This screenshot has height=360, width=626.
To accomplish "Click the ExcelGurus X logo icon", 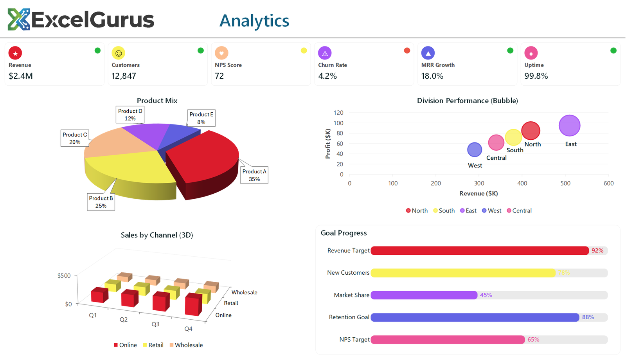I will (x=19, y=20).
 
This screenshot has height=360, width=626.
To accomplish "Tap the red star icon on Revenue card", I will (x=15, y=53).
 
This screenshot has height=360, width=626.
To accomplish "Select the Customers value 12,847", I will (x=124, y=76).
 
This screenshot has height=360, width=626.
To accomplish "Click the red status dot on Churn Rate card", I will (x=407, y=50).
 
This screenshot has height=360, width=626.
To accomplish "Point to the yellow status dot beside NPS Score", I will (x=304, y=50).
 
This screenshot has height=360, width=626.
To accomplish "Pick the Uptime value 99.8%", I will (x=536, y=76).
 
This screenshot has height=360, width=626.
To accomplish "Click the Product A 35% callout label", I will (x=254, y=175).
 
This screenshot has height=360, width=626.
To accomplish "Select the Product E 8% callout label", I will (x=201, y=118).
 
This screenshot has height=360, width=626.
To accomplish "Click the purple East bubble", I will (x=569, y=126).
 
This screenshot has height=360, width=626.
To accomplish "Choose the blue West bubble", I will (x=475, y=149).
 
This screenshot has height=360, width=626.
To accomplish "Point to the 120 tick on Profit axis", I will (x=338, y=113).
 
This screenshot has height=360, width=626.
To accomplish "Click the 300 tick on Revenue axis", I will (x=479, y=183).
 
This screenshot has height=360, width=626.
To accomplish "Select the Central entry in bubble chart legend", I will (x=519, y=211).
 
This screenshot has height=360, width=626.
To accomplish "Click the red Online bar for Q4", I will (x=193, y=304).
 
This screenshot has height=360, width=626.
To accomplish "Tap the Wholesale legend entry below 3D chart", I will (x=186, y=345).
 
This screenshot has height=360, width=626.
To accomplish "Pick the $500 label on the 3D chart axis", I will (x=64, y=275).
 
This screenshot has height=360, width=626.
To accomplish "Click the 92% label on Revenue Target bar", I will (x=597, y=250).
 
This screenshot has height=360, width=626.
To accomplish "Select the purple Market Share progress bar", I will (x=424, y=295).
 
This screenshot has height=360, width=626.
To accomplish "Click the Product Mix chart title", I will (x=157, y=101).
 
